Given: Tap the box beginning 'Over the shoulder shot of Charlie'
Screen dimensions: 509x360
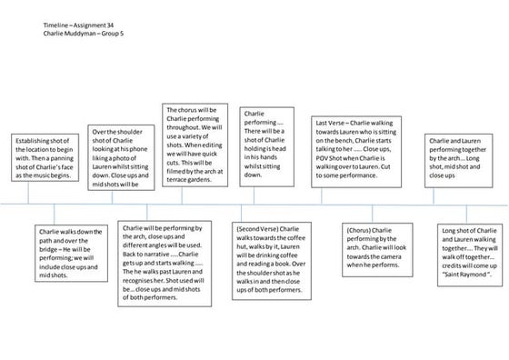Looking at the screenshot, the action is point(123,157).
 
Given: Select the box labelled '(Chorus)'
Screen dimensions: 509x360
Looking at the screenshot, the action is point(376,246).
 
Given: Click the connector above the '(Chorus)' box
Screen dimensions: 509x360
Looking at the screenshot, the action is point(377,212).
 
